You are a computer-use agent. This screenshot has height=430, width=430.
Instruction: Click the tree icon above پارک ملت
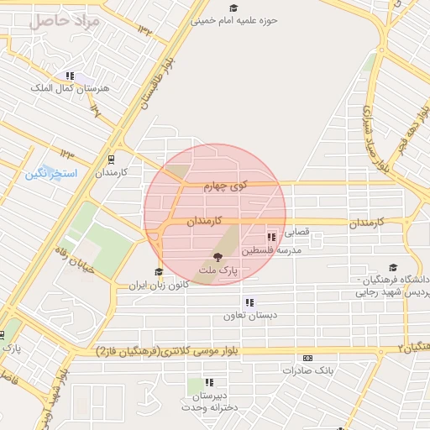click(218, 257)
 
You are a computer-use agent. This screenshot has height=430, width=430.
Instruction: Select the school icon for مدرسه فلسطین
click(270, 238)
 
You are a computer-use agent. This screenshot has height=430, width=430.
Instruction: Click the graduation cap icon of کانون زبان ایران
click(158, 271)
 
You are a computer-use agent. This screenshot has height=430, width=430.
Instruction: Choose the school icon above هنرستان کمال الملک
click(70, 76)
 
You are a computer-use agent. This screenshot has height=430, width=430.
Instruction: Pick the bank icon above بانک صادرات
click(307, 357)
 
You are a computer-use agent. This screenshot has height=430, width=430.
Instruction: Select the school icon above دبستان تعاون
click(249, 302)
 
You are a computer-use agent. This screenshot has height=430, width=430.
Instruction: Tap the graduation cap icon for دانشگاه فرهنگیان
click(393, 268)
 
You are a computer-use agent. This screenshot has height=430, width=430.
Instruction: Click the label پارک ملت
click(218, 271)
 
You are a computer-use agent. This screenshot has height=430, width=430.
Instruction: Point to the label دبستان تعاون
click(244, 317)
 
